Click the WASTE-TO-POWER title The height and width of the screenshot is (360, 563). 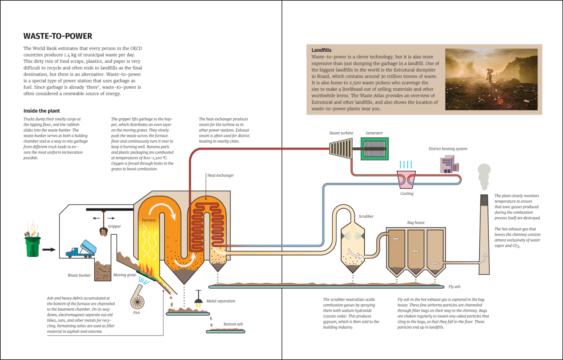58,36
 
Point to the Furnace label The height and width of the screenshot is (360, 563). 149,220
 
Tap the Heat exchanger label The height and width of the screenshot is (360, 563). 220,175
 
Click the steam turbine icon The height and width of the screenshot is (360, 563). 341,148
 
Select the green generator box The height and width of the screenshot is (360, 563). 375,148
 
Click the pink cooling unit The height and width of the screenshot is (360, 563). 406,179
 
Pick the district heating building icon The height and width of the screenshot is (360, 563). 449,164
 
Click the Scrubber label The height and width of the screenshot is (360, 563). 366,216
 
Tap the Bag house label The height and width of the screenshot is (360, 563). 416,223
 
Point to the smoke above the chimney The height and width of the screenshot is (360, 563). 484,176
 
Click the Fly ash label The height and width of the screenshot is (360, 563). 454,287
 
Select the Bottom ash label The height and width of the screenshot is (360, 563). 233,324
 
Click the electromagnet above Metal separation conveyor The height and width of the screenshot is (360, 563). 198,299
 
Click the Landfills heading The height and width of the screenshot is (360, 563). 321,50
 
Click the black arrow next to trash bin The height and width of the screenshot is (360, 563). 49,250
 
